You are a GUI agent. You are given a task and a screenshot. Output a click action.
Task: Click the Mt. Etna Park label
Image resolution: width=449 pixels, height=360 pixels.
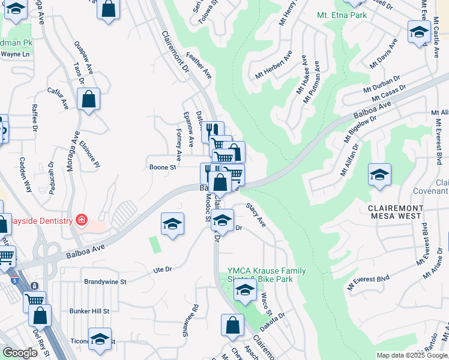342,13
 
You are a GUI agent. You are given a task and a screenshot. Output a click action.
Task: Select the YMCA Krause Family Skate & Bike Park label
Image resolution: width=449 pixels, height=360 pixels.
267,275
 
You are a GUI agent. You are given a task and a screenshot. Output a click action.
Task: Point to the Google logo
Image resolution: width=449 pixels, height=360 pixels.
20,353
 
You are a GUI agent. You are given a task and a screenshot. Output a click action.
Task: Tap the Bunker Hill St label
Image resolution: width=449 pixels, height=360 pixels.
89,311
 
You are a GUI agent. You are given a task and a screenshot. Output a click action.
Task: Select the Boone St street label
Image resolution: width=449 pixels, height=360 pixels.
161,167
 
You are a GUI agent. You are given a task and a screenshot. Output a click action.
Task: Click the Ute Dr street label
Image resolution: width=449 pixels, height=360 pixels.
163,269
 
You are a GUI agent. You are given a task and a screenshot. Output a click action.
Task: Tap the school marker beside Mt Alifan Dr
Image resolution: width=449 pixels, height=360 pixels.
379,175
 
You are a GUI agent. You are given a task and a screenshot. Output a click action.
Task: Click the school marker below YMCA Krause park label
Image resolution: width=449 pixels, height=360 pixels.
244,291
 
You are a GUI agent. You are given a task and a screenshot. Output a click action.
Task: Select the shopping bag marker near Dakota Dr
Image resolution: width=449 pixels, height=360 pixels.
232,325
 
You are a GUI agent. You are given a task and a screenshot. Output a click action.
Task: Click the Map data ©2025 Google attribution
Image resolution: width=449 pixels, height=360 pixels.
412,355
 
